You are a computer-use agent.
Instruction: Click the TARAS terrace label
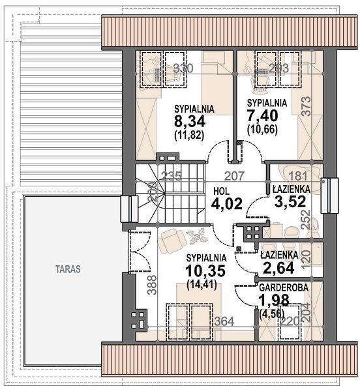68,269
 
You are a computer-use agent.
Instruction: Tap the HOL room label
222,192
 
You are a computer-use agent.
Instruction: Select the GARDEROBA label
284,288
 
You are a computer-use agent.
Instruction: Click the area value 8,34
190,122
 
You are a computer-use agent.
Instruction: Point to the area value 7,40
262,116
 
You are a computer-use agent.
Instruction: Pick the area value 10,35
205,270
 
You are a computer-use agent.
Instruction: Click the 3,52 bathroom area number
290,201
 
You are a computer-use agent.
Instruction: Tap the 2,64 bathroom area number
278,268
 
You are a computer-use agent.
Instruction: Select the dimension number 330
183,68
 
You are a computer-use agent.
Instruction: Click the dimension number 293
279,68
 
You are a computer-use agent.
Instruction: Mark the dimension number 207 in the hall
234,176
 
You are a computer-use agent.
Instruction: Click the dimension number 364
224,321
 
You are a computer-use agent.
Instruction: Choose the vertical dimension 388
152,285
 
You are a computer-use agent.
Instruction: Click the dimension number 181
298,176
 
